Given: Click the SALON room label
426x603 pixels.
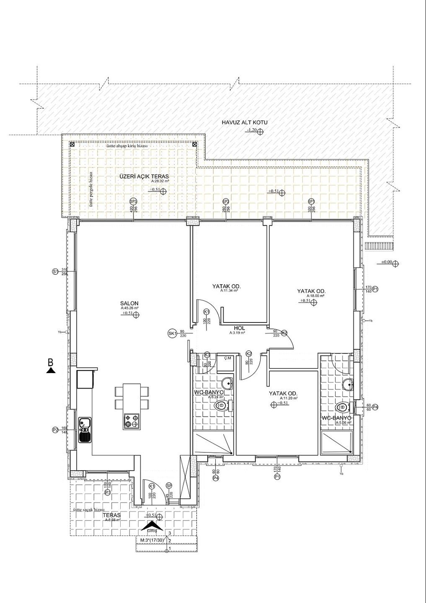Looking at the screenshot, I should (x=129, y=304).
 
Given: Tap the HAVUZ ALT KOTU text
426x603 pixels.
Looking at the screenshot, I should (x=244, y=123).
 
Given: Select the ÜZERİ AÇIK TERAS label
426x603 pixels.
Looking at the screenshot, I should (x=144, y=176).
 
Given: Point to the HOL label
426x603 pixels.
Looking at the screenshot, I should (x=239, y=329).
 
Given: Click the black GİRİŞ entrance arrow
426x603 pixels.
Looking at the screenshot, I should (x=152, y=526).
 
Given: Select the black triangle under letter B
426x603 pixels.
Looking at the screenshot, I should (x=51, y=370).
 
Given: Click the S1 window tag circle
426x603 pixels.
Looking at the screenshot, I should (x=55, y=272).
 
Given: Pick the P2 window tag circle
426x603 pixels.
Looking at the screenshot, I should (x=55, y=430).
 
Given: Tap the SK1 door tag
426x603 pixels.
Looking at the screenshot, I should (x=171, y=333).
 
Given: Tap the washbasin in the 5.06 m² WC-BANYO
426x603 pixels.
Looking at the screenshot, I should (x=346, y=384).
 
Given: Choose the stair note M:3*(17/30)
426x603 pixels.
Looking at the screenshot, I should (x=152, y=540).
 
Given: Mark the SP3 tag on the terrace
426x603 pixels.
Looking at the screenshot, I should (x=134, y=201).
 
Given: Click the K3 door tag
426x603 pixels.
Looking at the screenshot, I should (x=207, y=355).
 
